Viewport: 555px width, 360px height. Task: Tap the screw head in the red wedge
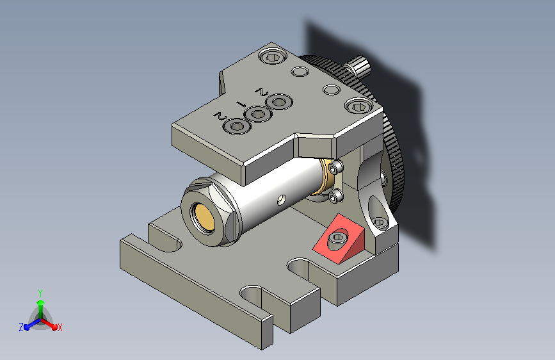[x=338, y=238]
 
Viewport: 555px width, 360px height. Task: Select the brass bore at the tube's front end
[x=204, y=218]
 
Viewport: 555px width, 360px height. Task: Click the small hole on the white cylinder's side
[x=282, y=199]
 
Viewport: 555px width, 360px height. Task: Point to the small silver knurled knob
[x=357, y=66]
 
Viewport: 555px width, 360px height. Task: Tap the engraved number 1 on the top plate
[x=242, y=104]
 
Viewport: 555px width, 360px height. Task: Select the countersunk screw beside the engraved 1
[x=258, y=115]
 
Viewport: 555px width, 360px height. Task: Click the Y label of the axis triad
[x=40, y=293]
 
